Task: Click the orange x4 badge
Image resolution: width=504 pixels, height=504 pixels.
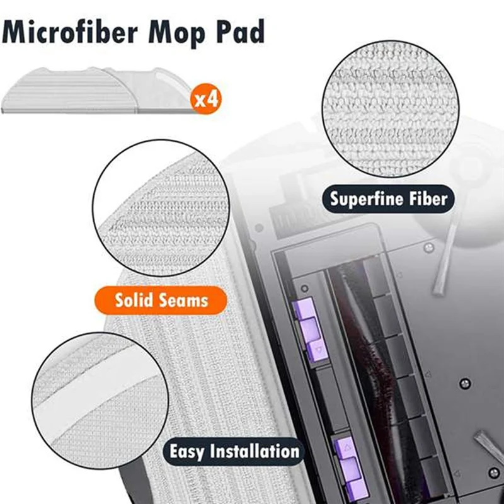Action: [x=207, y=100]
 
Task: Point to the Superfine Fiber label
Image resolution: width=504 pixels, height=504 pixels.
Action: [x=389, y=199]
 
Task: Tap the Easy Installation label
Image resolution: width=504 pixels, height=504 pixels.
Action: [x=234, y=451]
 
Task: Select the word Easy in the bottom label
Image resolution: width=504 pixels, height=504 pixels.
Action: [x=187, y=451]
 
